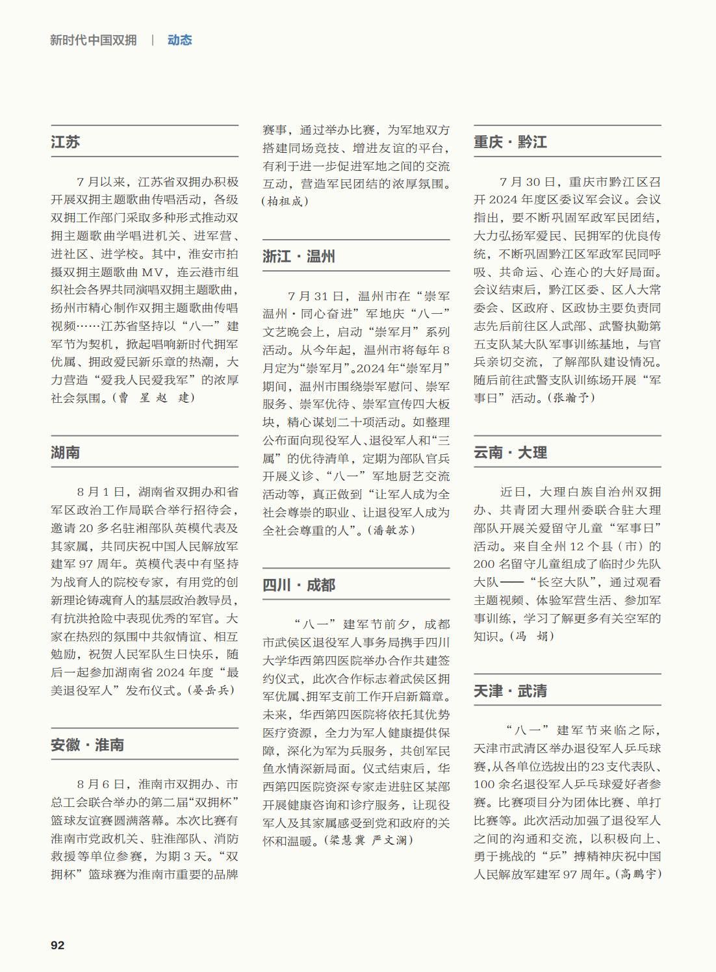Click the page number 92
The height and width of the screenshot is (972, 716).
(x=58, y=945)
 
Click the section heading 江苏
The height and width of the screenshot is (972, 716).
(x=66, y=142)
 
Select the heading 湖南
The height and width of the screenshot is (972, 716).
(x=66, y=452)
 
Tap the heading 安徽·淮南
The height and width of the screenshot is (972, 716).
(x=88, y=745)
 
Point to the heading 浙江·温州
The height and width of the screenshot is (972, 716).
(x=299, y=256)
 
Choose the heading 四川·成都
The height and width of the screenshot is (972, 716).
(x=299, y=585)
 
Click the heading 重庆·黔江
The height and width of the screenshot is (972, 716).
(x=510, y=142)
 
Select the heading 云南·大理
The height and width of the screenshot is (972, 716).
(x=510, y=452)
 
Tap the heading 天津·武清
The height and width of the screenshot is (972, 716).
(x=510, y=691)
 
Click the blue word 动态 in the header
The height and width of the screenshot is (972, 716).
(x=179, y=40)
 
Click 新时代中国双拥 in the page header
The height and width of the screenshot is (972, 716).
(x=94, y=40)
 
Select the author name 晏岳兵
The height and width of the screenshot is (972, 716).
(x=211, y=690)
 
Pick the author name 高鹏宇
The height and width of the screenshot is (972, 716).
(x=638, y=875)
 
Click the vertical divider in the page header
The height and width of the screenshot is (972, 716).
(x=153, y=40)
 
